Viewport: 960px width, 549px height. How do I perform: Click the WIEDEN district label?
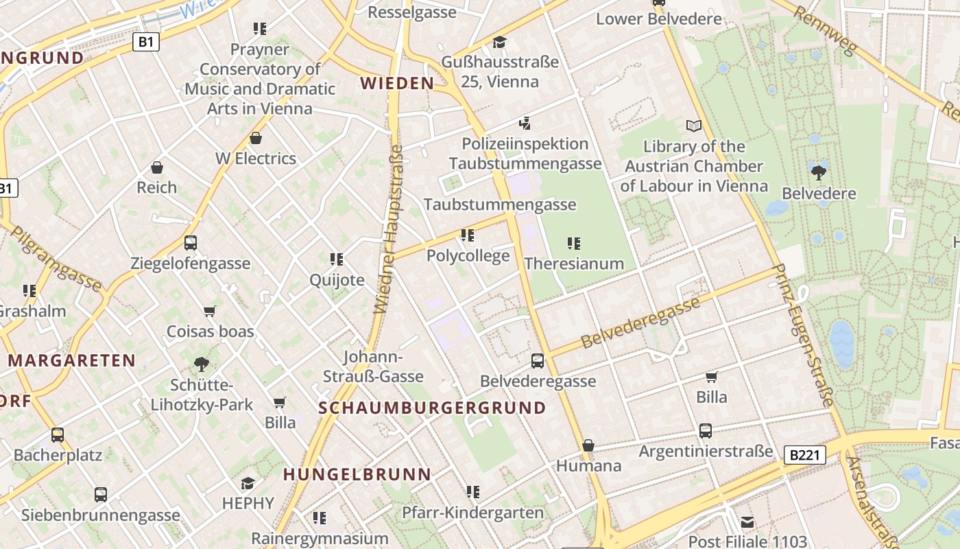[397, 84]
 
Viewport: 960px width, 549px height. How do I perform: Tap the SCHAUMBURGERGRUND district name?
[432, 408]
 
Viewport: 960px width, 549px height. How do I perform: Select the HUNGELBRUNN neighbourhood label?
[357, 474]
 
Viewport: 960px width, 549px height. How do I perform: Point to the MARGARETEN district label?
[72, 360]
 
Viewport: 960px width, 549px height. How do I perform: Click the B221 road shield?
[804, 454]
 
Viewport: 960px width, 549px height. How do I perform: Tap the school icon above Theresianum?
[574, 243]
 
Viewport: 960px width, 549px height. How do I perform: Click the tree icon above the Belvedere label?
[819, 172]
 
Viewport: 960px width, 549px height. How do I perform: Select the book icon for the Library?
[694, 126]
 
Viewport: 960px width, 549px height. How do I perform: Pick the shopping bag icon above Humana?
[588, 445]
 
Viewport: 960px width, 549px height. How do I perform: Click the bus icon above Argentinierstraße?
[706, 431]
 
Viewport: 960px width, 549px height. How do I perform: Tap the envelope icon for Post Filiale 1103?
[747, 522]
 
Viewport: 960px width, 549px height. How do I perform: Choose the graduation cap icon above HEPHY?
[248, 484]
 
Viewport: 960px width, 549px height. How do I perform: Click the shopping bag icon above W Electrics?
[256, 138]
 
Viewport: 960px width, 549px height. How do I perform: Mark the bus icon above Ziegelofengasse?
[190, 242]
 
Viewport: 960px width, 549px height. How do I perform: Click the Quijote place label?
[337, 280]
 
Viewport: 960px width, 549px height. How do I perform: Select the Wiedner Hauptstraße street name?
[389, 229]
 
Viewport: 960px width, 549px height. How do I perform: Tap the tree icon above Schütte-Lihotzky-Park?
[202, 364]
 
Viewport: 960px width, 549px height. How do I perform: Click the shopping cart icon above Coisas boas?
[210, 311]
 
